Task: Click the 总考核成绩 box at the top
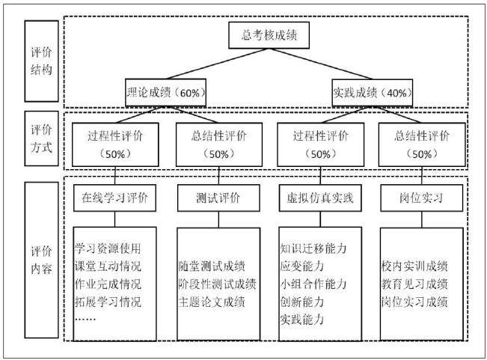pos(269,35)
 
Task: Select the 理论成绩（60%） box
pos(165,93)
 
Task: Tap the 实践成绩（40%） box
pos(373,93)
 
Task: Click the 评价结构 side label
pos(42,61)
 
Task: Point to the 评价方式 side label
pos(42,138)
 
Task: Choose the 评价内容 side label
pos(42,260)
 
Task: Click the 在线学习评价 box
pos(114,198)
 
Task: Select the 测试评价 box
pos(218,198)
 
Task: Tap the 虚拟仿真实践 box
pos(320,198)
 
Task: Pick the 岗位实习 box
pos(421,198)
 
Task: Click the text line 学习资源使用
pos(108,248)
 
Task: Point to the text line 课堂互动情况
pos(108,266)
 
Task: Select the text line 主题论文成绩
pos(212,302)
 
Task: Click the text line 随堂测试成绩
pos(212,266)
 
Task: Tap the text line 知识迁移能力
pos(313,248)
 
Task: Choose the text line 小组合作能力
pos(313,284)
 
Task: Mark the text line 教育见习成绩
pos(414,284)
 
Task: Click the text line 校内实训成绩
pos(414,266)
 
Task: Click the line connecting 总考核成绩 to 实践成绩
pos(320,64)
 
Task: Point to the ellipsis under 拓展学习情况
pos(85,320)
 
